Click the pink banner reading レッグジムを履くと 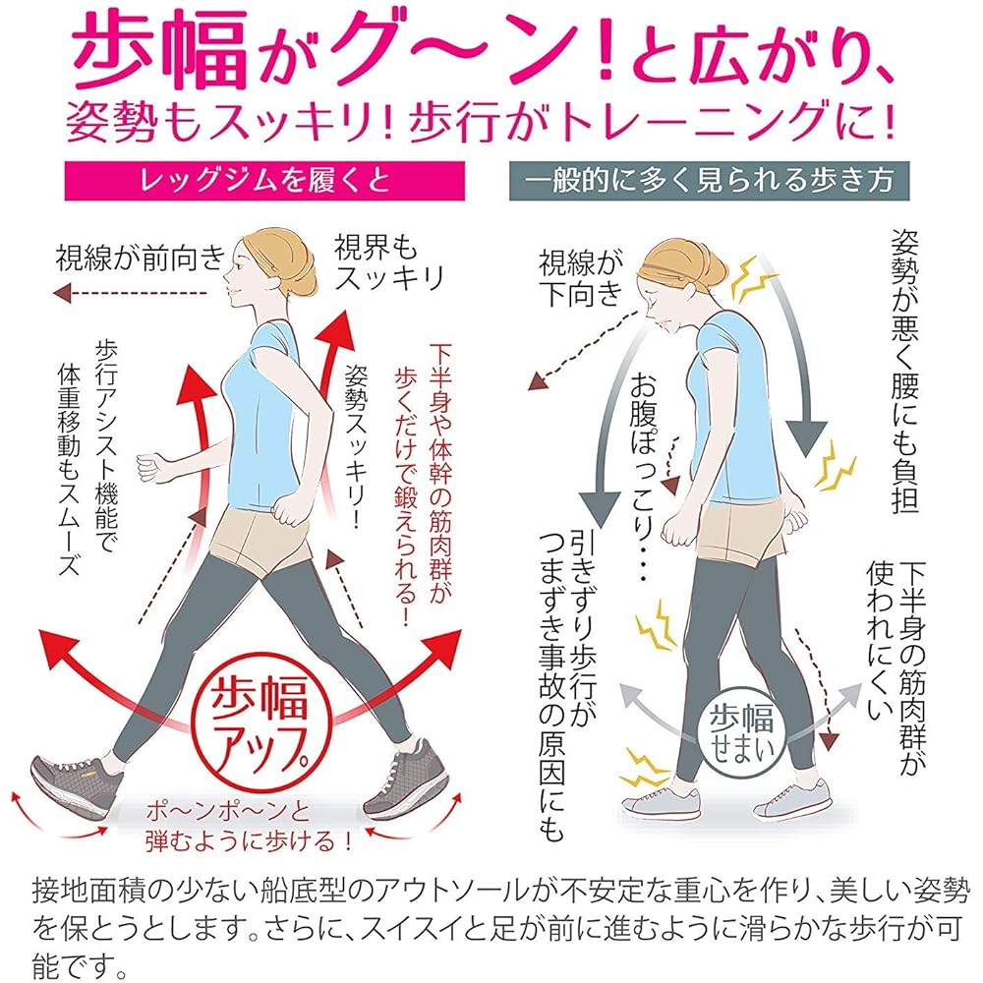point(264,181)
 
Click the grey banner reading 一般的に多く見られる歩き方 point(709,181)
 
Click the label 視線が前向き point(141,258)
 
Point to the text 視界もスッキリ point(388,263)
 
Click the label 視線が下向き point(581,278)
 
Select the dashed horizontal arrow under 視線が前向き point(131,293)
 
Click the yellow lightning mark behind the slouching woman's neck point(748,279)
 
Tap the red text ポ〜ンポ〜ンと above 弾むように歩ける point(228,812)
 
